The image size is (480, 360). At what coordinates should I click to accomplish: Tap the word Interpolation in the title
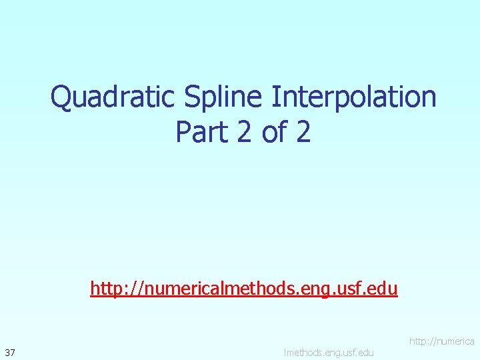pos(353,97)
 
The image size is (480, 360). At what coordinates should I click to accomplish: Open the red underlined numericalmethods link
pos(244,289)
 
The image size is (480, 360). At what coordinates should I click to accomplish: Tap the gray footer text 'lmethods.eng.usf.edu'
pos(329,351)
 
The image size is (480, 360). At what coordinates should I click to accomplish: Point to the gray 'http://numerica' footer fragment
pos(441,341)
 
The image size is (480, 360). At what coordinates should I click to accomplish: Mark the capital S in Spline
pos(193,97)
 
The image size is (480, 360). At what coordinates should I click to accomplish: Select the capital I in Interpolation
pos(275,97)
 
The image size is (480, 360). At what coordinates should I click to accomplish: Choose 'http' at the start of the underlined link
pos(103,289)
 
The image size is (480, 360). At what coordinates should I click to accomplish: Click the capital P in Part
pos(183,132)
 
